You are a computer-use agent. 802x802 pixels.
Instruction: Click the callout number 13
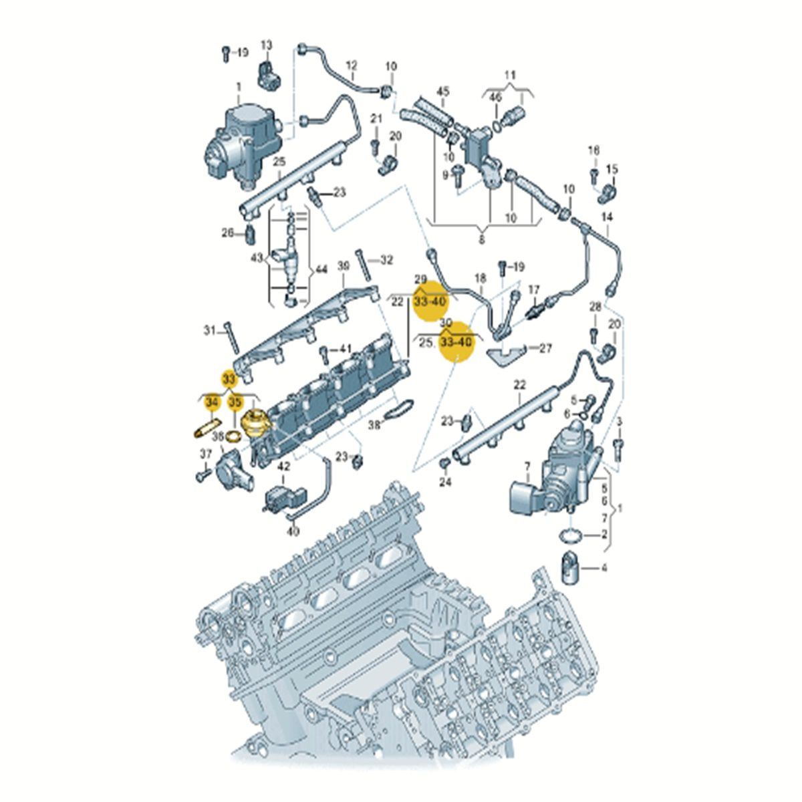pyautogui.click(x=267, y=45)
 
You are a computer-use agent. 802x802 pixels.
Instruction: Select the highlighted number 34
pyautogui.click(x=213, y=402)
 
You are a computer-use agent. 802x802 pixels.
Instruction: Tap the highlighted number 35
pyautogui.click(x=235, y=402)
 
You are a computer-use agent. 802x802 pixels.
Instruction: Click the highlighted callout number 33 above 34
pyautogui.click(x=229, y=379)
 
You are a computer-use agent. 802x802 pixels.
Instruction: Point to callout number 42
pyautogui.click(x=284, y=468)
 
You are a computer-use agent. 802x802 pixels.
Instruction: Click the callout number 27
pyautogui.click(x=546, y=348)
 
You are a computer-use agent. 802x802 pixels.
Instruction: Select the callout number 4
pyautogui.click(x=604, y=569)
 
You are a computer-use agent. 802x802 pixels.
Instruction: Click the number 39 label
pyautogui.click(x=343, y=266)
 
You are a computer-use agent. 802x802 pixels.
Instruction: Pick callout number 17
pyautogui.click(x=533, y=289)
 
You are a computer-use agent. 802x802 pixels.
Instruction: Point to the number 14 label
pyautogui.click(x=607, y=217)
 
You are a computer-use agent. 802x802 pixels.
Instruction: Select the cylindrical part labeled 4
pyautogui.click(x=569, y=568)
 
